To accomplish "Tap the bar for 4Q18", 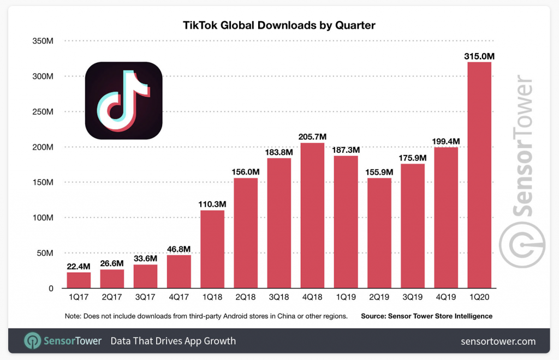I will (312, 215).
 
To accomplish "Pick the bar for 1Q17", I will (79, 280).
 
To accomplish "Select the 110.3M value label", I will (212, 204).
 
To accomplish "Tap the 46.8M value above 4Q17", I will (179, 249).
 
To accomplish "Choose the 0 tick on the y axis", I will (50, 289).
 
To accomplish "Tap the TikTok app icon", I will (124, 101).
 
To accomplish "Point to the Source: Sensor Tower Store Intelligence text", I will (426, 316).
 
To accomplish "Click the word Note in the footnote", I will (72, 316).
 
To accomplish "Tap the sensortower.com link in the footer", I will (498, 341).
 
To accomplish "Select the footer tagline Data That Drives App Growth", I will (173, 341).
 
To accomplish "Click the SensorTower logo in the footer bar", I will (63, 341).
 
